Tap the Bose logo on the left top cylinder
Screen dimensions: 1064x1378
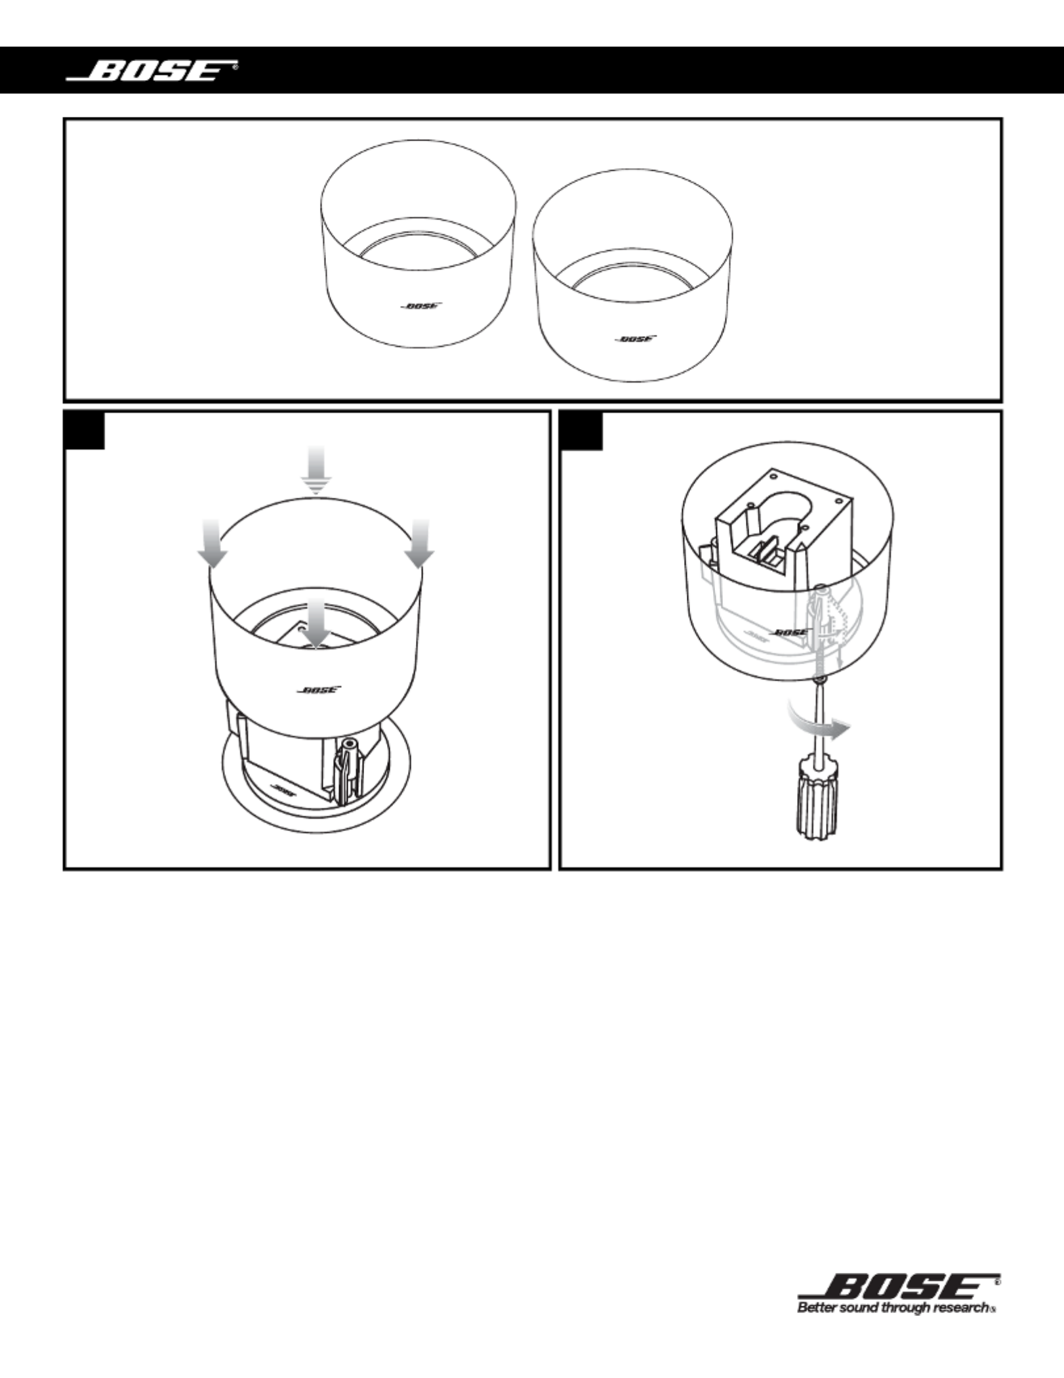coord(421,306)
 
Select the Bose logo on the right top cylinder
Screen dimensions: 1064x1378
coord(635,339)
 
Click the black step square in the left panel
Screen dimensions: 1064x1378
coord(85,430)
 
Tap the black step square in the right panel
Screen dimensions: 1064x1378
coord(581,430)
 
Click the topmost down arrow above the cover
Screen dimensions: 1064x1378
coord(317,471)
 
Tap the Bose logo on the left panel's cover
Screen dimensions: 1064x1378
coord(318,689)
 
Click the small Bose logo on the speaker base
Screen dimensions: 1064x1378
coord(281,789)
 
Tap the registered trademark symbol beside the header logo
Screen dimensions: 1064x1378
coord(236,66)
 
